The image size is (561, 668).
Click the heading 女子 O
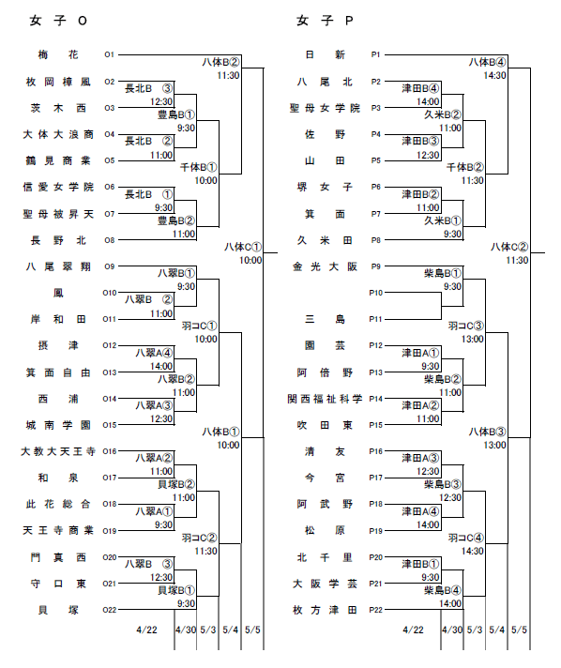click(x=58, y=21)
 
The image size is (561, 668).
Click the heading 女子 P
click(x=325, y=21)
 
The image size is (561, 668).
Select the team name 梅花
click(x=58, y=54)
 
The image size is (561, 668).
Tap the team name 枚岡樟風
click(x=58, y=82)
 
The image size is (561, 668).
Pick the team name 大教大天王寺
click(x=58, y=451)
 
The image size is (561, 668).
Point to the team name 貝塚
click(x=58, y=610)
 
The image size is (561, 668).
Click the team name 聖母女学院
click(x=325, y=108)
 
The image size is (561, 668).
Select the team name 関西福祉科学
click(x=325, y=399)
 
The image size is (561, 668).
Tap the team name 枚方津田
click(x=325, y=610)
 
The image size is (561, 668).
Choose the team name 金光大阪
click(x=325, y=266)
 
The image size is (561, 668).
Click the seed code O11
click(x=110, y=319)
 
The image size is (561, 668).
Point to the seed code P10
click(x=375, y=293)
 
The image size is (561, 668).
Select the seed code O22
click(x=110, y=610)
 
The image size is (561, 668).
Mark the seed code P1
click(x=375, y=54)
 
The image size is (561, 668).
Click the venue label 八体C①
click(x=243, y=247)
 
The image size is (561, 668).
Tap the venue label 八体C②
click(x=509, y=247)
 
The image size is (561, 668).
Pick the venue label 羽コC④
click(x=466, y=538)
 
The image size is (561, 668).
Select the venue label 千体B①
click(x=199, y=167)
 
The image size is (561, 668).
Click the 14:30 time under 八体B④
click(x=495, y=75)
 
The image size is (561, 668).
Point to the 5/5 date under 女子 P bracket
click(x=520, y=630)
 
